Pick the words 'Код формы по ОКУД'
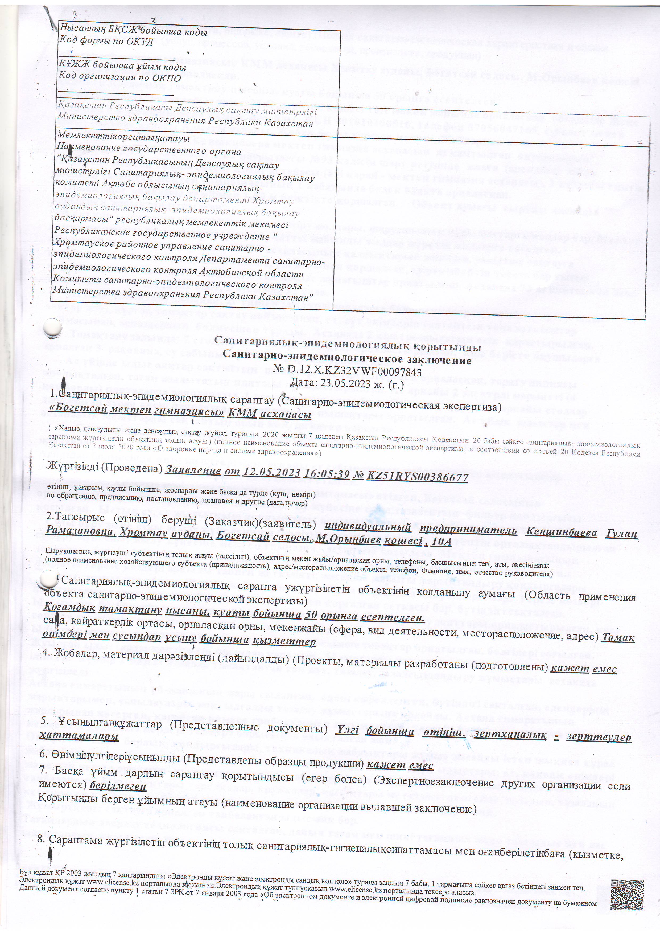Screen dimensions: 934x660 pyautogui.click(x=106, y=41)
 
